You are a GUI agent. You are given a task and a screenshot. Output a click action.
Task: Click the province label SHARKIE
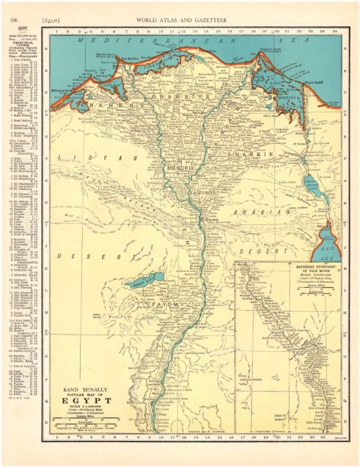pos(245,155)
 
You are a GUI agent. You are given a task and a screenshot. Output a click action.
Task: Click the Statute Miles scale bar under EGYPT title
pos(87,422)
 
